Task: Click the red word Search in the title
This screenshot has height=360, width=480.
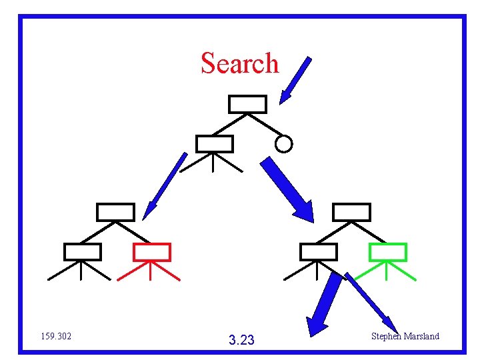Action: (x=239, y=63)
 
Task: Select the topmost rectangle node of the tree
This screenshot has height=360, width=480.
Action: (x=248, y=104)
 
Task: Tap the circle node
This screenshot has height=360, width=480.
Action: (x=284, y=143)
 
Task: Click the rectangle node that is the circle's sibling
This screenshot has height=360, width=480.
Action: (x=214, y=143)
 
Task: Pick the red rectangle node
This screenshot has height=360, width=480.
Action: (x=152, y=252)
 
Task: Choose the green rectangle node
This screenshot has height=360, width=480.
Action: (x=387, y=252)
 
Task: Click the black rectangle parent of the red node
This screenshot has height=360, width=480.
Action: (x=115, y=212)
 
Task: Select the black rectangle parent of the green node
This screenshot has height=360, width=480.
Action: (x=351, y=212)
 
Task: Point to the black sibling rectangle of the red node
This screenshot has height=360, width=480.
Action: (x=82, y=252)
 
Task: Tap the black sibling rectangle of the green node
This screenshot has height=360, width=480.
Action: (x=318, y=252)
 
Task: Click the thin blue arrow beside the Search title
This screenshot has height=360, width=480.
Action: (x=295, y=81)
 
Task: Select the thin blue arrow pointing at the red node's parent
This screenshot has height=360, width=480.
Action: (x=165, y=186)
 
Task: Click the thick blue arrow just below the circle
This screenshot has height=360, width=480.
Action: (x=287, y=189)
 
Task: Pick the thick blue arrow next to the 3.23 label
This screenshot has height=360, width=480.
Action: (x=324, y=304)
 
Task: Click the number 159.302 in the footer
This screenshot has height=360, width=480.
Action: (x=56, y=336)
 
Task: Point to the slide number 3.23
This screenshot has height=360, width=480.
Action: (x=241, y=341)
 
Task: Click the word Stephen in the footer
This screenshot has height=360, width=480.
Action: (x=386, y=336)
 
